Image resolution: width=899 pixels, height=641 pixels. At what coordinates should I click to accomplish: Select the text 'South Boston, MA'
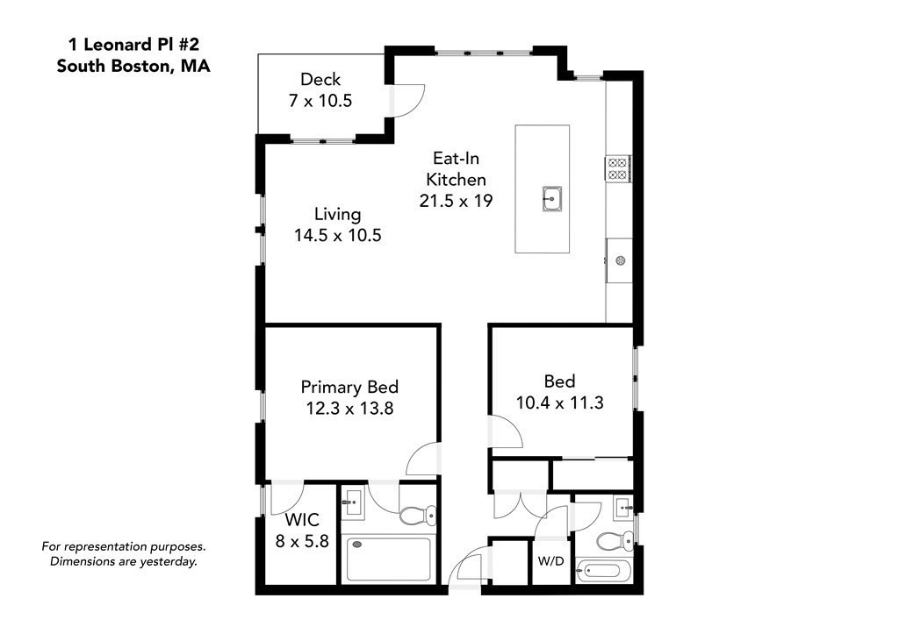133,66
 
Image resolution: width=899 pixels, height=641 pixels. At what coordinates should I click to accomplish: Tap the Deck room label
320,79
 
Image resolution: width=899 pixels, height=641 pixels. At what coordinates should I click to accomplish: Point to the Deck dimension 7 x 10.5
320,101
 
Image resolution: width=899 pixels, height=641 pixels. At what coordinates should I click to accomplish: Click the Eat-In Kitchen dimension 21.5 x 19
456,201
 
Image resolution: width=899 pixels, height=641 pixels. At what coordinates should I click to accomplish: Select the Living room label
338,214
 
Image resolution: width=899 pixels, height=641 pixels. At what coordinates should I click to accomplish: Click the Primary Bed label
349,387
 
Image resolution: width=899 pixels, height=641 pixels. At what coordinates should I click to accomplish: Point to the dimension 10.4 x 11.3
560,402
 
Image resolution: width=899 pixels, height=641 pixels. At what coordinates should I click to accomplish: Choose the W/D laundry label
550,560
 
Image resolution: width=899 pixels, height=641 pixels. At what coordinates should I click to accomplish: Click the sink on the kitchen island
551,199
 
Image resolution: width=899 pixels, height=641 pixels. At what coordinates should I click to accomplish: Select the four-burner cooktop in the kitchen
617,167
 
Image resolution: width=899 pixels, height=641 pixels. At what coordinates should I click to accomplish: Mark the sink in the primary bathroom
353,503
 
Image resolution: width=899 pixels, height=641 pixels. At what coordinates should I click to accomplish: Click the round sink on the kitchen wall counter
620,260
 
